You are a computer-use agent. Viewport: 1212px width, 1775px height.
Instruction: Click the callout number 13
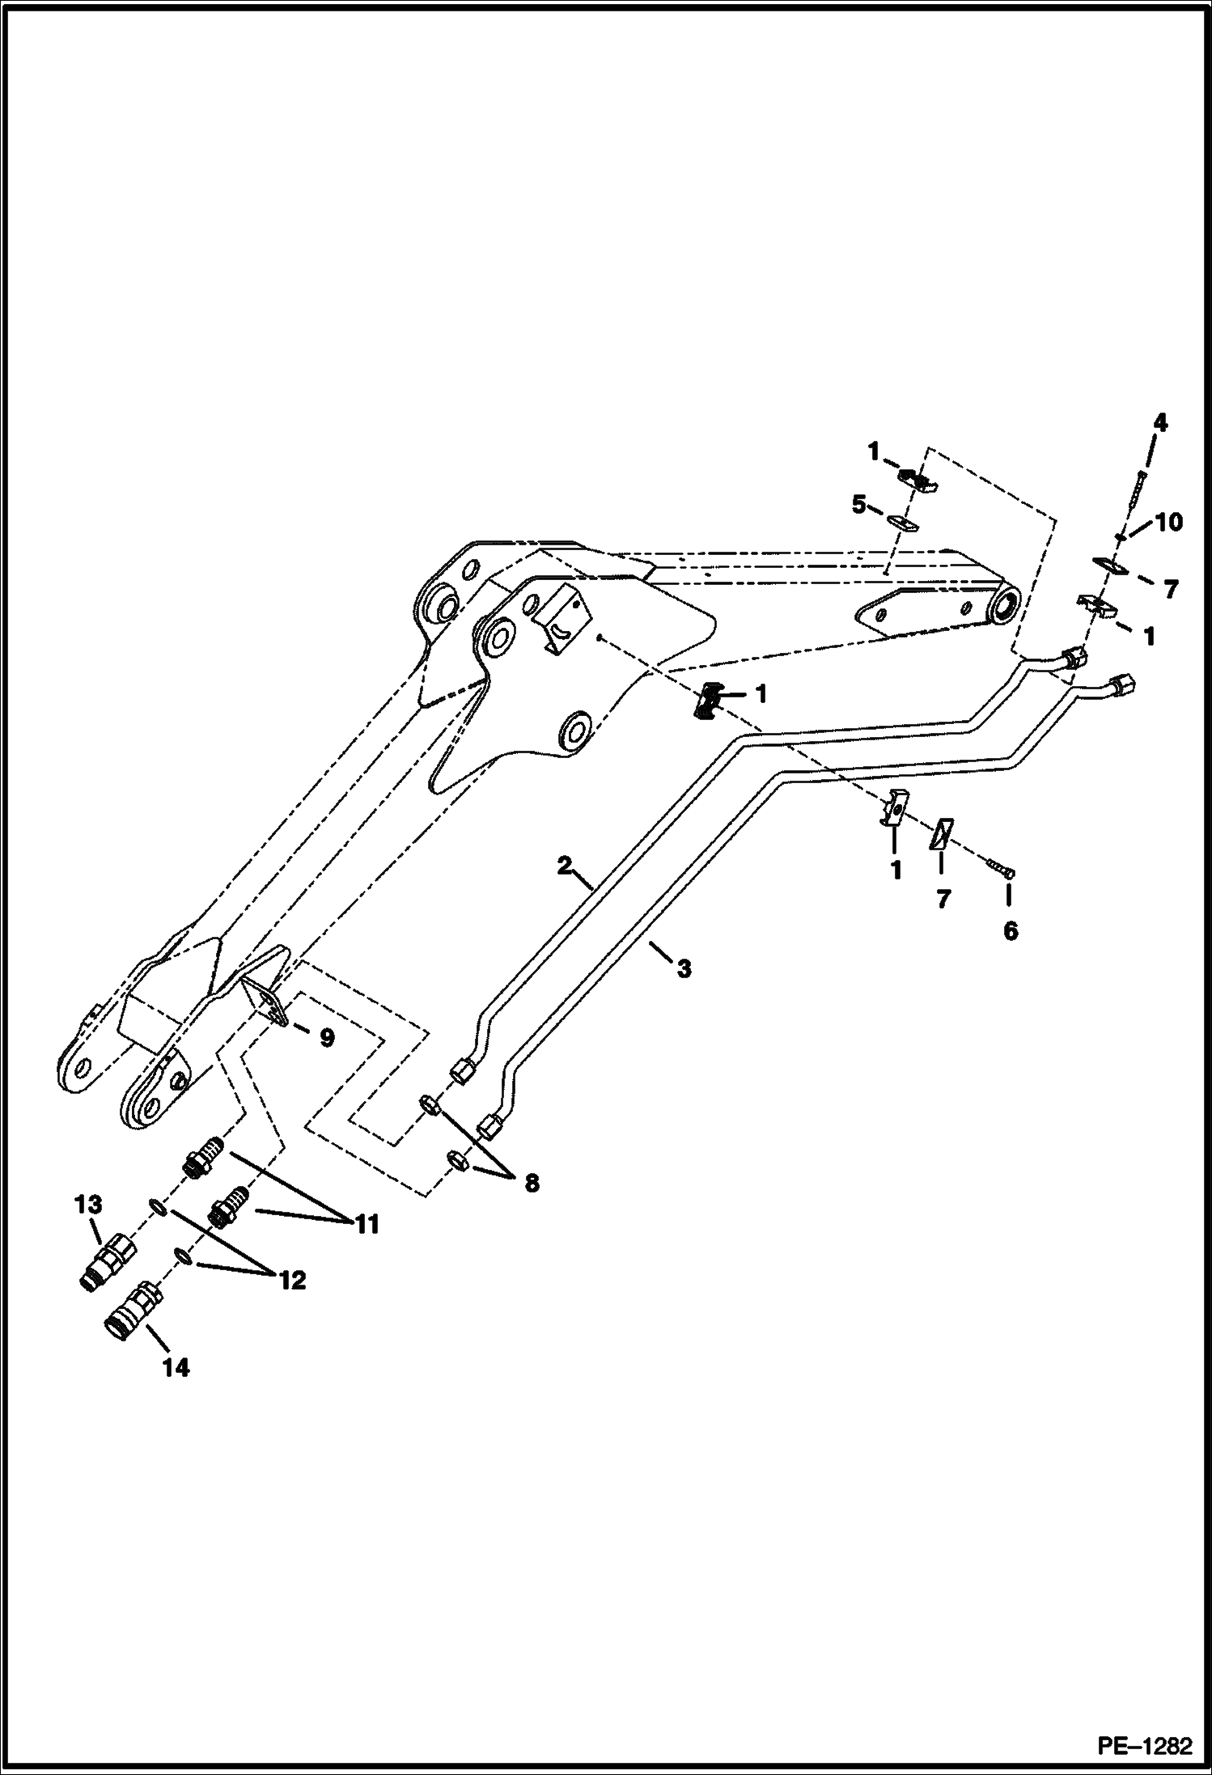coord(89,1227)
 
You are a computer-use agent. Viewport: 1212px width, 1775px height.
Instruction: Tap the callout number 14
coord(176,1368)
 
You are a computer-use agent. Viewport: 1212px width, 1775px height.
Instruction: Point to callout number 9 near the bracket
coord(326,1038)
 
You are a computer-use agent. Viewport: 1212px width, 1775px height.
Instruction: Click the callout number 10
coord(1169,523)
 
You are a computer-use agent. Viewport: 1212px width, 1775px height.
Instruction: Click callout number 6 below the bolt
coord(1011,932)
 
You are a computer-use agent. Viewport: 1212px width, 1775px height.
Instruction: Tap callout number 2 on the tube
coord(565,865)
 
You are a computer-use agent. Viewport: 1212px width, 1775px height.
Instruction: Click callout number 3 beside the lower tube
coord(684,968)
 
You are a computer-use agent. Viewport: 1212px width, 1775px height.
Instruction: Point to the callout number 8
coord(530,1184)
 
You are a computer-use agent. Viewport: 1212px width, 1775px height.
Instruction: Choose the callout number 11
coord(366,1226)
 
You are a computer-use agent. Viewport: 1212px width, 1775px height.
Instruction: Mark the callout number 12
coord(293,1280)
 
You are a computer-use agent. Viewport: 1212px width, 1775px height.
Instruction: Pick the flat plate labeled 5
coord(905,523)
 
